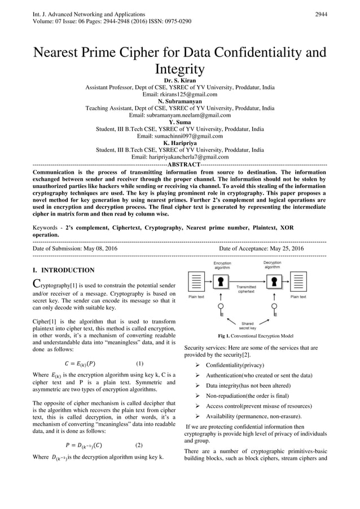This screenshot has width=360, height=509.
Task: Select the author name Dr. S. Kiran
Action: [179, 81]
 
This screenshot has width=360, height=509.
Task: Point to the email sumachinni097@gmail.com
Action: [179, 136]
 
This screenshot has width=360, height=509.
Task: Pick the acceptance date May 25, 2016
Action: [282, 248]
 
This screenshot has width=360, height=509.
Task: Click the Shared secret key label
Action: [247, 326]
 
